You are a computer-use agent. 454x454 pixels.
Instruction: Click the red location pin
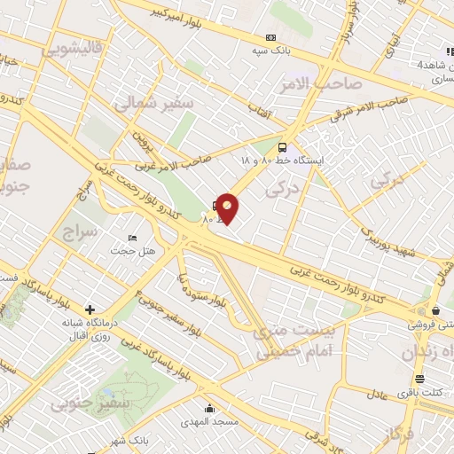point(228,207)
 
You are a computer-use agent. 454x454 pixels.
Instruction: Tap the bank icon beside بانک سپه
point(270,38)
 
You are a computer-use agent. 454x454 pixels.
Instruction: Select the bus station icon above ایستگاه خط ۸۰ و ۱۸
point(283,147)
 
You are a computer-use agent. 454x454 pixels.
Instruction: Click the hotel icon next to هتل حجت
point(132,239)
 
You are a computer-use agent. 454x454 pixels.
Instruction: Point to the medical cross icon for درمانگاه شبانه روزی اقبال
point(90,309)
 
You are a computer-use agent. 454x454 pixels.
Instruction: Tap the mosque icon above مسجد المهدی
point(209,409)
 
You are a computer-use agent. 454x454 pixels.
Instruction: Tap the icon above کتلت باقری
point(419,380)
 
